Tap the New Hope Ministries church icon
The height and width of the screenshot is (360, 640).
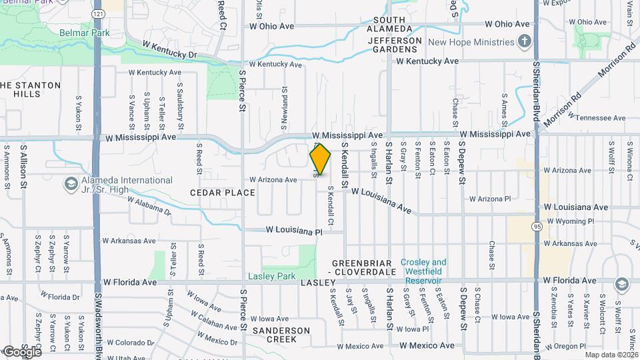click(x=525, y=42)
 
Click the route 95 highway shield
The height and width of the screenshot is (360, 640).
click(x=537, y=227)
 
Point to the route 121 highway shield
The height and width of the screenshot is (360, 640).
click(x=99, y=14)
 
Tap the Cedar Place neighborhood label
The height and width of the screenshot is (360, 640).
click(x=222, y=193)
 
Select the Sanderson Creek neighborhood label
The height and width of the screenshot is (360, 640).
click(x=281, y=335)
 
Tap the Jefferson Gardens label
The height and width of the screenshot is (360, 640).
click(x=394, y=45)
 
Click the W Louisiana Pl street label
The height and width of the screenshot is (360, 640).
click(x=293, y=231)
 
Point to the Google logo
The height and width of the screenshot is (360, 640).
click(x=22, y=351)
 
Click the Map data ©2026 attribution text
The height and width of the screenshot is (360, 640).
click(x=611, y=354)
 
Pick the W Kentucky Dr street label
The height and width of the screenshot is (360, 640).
click(x=171, y=49)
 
